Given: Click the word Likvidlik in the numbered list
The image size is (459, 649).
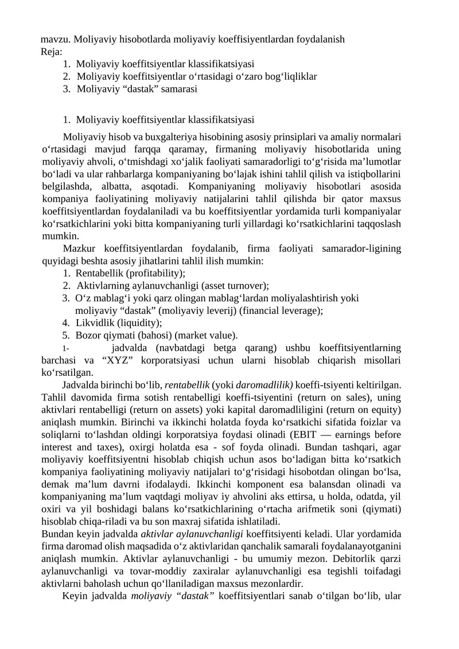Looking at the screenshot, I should coord(95,322).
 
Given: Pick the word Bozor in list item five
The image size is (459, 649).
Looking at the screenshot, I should coord(88,335).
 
